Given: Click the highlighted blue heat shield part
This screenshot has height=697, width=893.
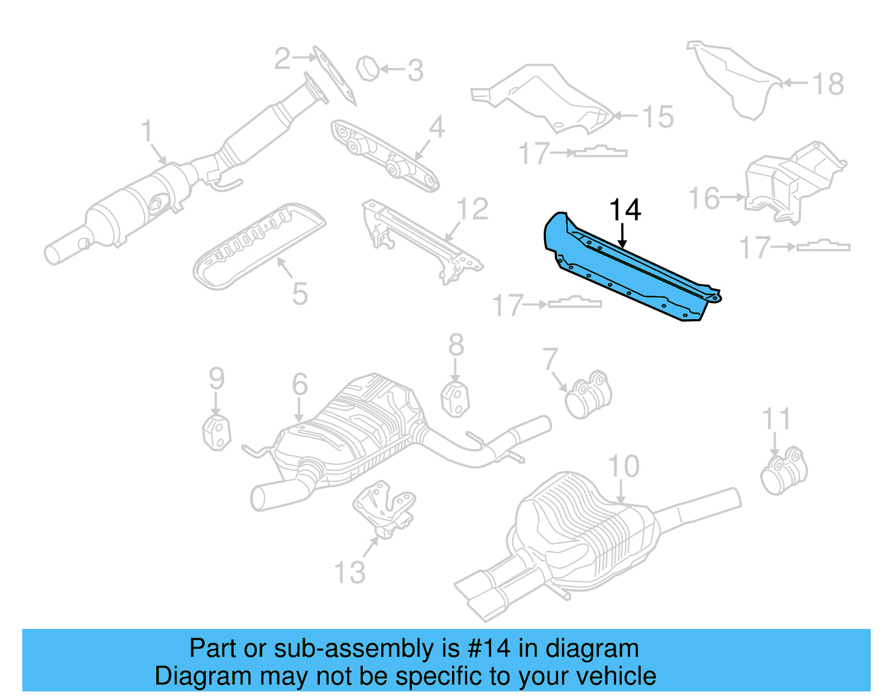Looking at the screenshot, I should (x=625, y=268).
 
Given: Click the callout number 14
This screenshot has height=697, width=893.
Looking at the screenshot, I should (x=625, y=210).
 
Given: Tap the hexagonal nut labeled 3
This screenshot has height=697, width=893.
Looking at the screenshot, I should (x=368, y=69).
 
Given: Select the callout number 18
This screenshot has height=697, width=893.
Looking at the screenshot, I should (x=828, y=84).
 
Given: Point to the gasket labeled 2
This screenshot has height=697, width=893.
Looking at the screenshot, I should (x=334, y=76).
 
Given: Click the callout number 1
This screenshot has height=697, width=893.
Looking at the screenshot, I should (x=146, y=131).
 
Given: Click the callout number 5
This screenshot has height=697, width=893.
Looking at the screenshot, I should (x=300, y=294).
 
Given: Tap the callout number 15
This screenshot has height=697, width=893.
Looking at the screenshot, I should (x=657, y=117).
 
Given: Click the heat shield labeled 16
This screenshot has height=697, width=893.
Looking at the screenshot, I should (x=793, y=181).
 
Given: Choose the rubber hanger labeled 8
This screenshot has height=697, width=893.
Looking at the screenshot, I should (x=455, y=398).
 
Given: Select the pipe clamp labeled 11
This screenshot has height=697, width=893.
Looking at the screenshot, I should (x=784, y=472).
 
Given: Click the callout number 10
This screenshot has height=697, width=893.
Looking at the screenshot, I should (x=623, y=466).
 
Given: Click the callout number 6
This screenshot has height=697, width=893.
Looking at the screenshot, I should (x=300, y=384).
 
